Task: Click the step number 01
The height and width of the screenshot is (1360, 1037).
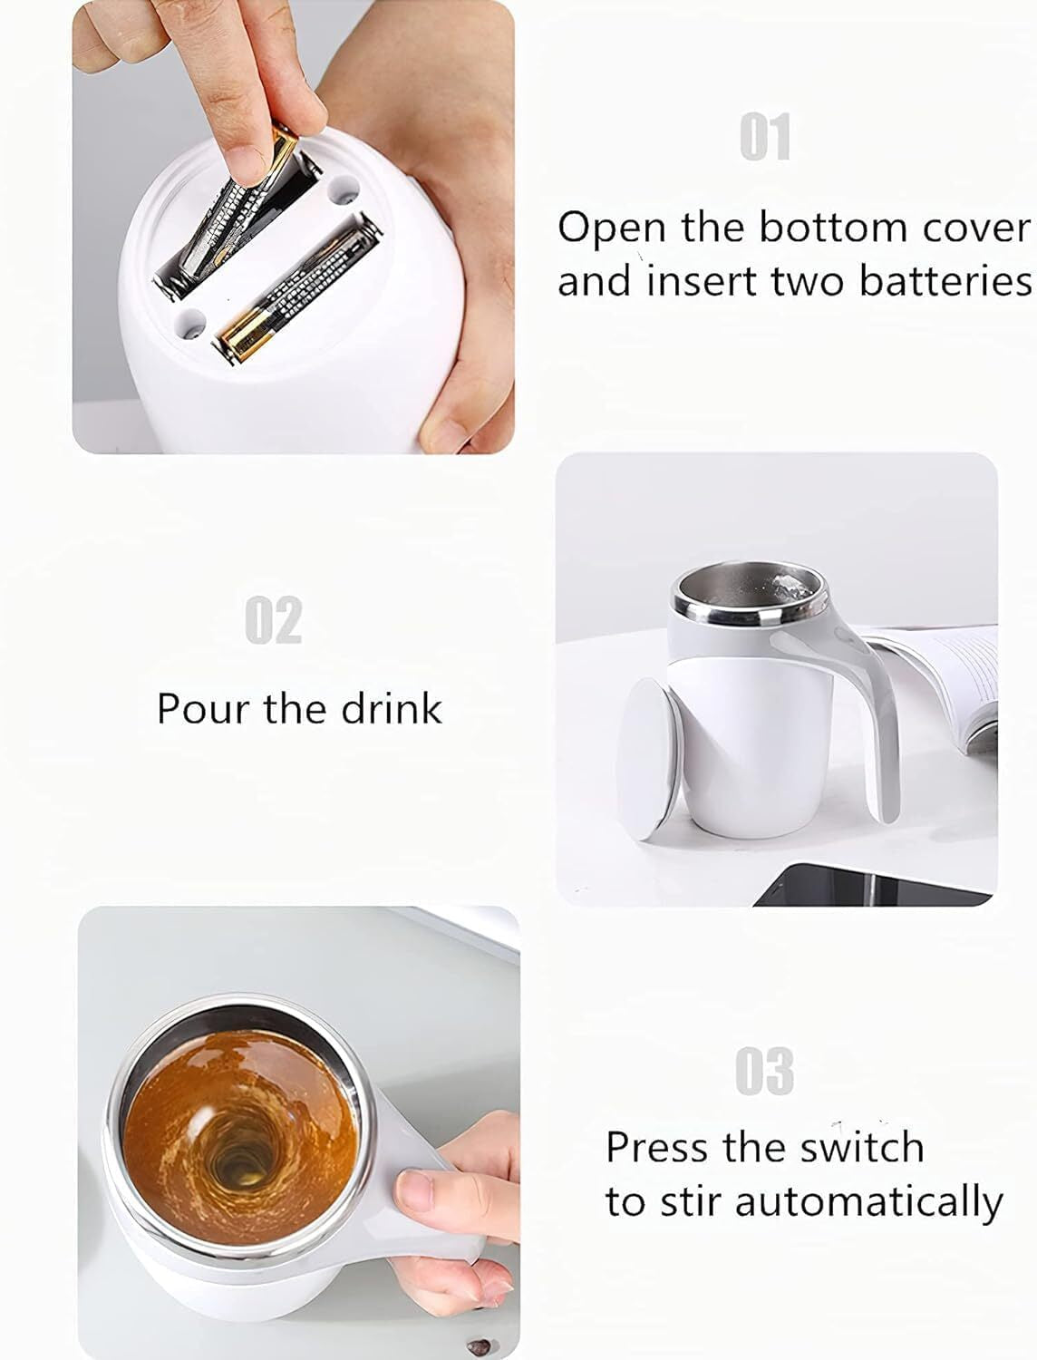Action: (765, 137)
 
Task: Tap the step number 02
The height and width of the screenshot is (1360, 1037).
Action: (273, 619)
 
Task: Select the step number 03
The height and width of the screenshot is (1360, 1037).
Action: (764, 1071)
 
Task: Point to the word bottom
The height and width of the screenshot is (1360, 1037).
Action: (833, 228)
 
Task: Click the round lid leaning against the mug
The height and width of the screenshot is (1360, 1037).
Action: (647, 758)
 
